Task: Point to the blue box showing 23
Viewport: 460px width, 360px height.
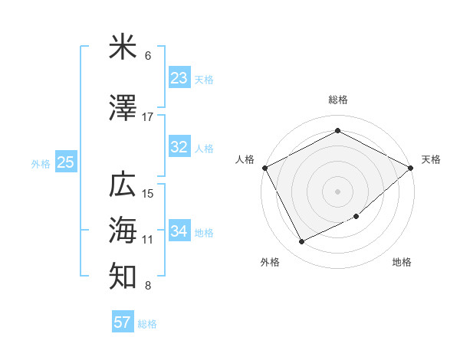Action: [179, 78]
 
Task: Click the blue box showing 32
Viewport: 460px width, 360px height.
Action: [179, 147]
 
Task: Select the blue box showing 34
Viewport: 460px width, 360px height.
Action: [179, 231]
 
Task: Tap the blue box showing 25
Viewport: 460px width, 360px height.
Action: [65, 162]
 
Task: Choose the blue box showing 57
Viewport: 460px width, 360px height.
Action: [122, 322]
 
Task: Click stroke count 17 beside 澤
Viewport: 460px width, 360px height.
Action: [148, 117]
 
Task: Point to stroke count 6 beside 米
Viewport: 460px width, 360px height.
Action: [148, 56]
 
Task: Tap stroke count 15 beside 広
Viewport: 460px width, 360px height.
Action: [148, 193]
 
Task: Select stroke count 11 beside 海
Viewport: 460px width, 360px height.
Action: [148, 240]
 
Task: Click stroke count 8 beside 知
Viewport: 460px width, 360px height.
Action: [148, 286]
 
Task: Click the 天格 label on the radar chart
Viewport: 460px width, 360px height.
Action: [431, 159]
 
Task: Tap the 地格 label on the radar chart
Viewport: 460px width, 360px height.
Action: [402, 262]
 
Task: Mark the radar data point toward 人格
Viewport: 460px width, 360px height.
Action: [265, 168]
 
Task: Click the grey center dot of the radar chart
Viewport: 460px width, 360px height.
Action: [337, 191]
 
